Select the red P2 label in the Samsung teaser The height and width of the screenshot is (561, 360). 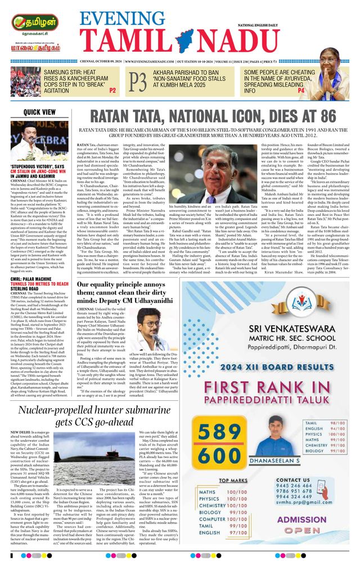click(x=112, y=90)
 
